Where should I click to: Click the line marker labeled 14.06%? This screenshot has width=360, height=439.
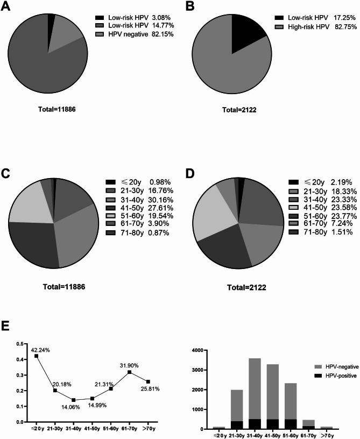(x=74, y=400)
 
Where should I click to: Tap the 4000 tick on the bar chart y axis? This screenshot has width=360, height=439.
(x=198, y=350)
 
